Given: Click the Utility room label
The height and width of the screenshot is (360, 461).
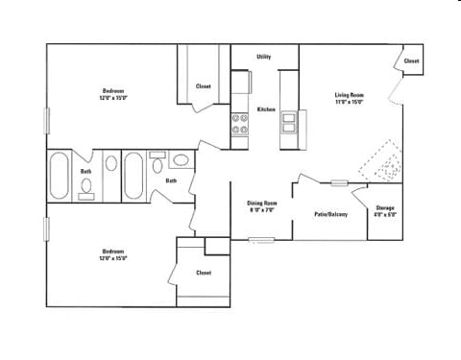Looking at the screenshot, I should (x=263, y=57).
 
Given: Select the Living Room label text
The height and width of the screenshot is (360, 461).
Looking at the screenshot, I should (x=349, y=97).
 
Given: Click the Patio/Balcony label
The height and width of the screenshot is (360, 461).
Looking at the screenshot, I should (x=331, y=214).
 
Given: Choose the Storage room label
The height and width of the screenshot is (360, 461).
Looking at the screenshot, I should (x=384, y=210).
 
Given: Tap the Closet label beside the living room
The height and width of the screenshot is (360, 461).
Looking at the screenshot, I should (x=411, y=60).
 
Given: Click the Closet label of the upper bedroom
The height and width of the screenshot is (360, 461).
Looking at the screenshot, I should (x=204, y=86).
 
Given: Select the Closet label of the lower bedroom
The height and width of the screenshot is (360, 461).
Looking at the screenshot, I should (x=204, y=272).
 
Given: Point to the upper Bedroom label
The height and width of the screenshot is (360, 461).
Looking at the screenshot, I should (x=113, y=94).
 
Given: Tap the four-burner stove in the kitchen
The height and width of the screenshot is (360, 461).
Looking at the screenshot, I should (x=240, y=123).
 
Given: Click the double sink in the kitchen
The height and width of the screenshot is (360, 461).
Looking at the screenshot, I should (x=289, y=123).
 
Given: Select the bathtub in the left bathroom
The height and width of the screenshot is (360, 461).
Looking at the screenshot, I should (x=60, y=175).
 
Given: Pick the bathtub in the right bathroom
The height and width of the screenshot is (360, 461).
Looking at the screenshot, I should (x=133, y=175).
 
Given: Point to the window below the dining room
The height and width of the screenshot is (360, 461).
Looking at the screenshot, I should (x=261, y=240).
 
